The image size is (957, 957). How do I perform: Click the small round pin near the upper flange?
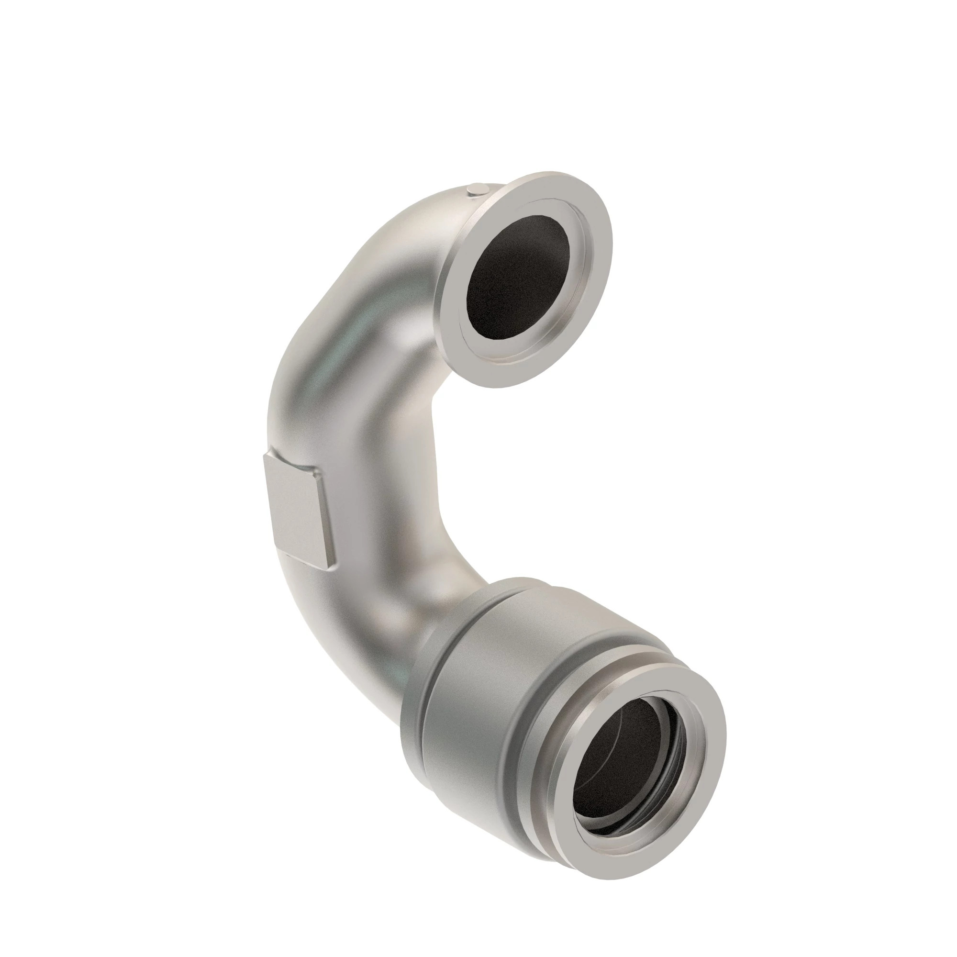tap(477, 189)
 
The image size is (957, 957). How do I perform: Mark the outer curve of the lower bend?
tap(337, 639)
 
